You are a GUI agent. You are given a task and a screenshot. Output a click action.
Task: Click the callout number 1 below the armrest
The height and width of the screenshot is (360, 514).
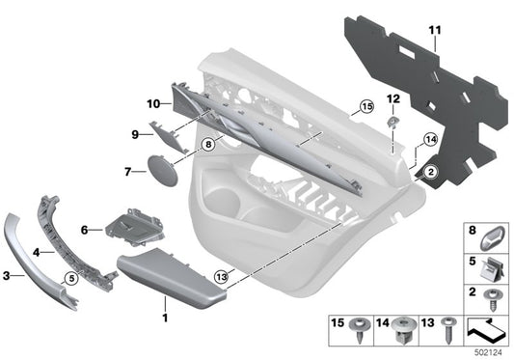click(164, 318)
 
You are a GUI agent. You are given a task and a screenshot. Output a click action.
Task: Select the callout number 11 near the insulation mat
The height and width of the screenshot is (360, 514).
click(435, 31)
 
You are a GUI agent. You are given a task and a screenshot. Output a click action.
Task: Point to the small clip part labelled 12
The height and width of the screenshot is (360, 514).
click(393, 121)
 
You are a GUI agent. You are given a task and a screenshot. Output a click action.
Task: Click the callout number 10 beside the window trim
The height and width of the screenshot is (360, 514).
click(152, 102)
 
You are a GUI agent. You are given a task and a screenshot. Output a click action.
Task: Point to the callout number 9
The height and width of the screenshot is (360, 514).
click(135, 134)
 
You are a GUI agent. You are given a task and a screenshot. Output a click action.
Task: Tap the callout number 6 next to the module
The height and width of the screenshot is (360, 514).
click(84, 231)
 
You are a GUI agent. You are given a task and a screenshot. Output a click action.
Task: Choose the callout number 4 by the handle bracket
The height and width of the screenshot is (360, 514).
click(38, 252)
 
